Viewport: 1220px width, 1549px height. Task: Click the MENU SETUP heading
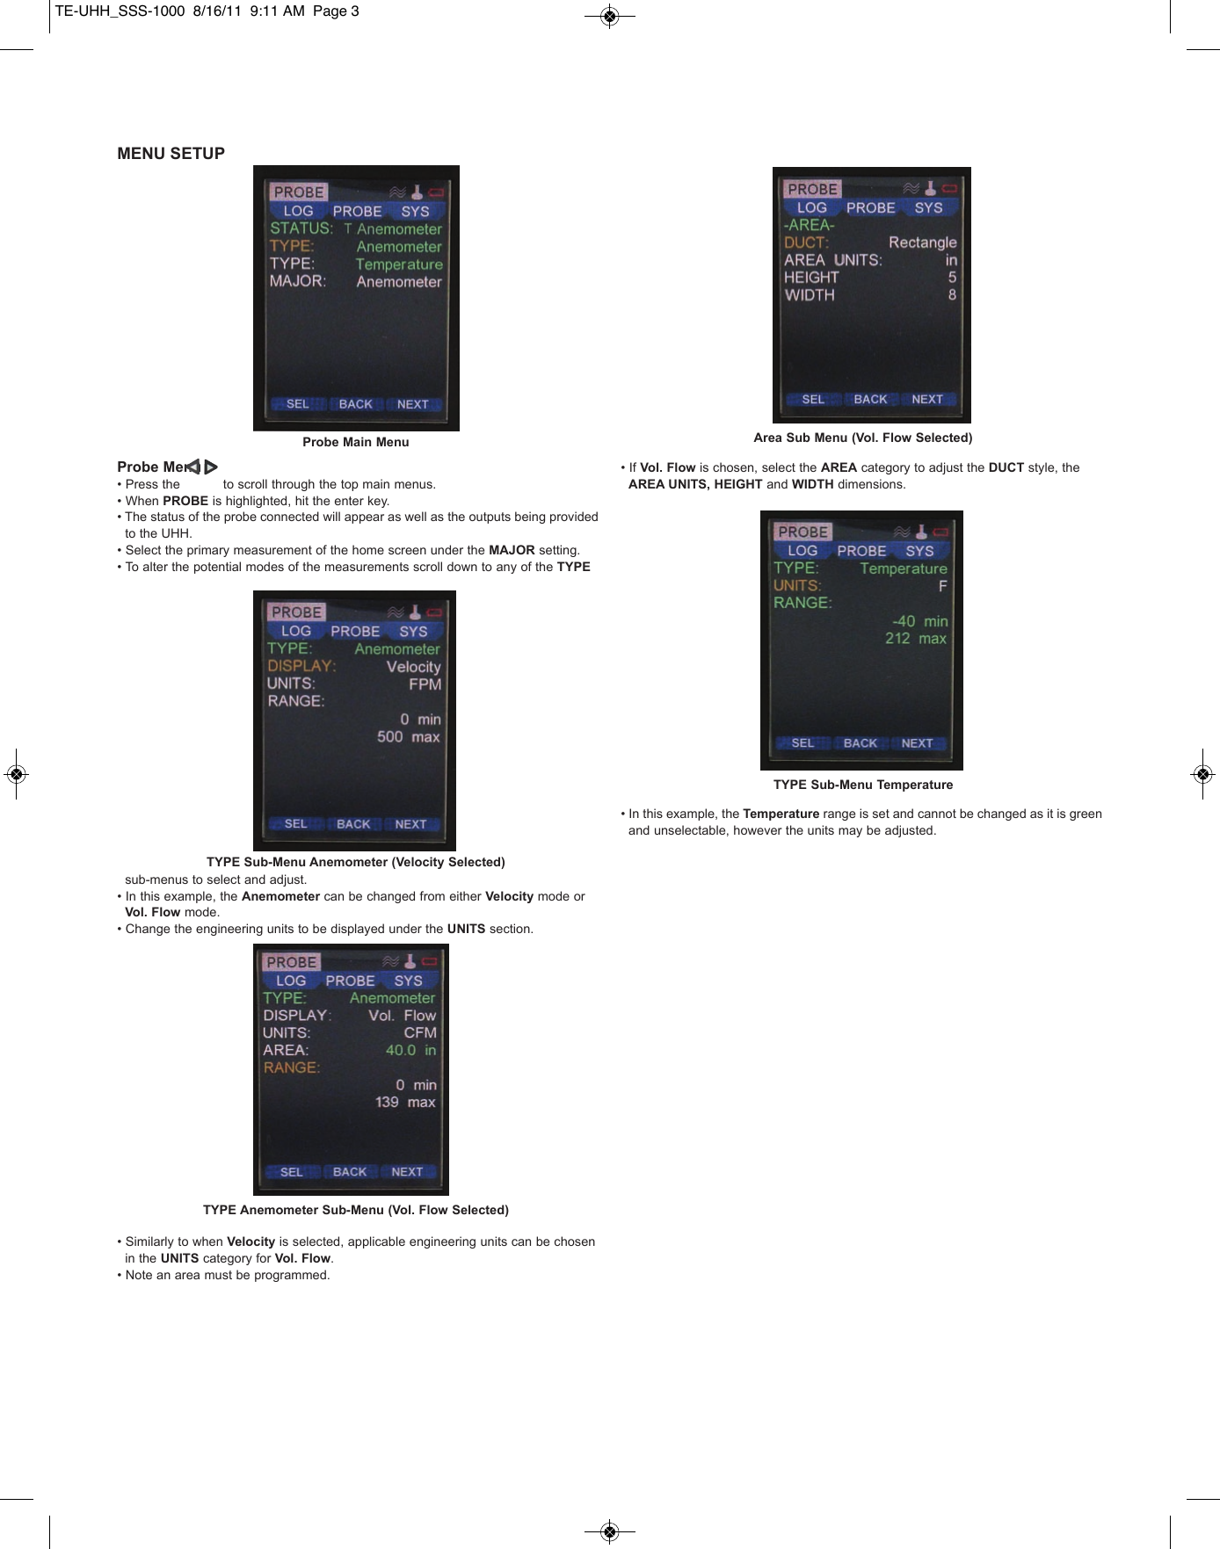click(x=171, y=154)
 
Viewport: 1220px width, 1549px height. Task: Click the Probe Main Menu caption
click(x=355, y=442)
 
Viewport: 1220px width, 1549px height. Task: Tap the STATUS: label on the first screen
click(x=301, y=228)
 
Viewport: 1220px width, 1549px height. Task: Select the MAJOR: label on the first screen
click(x=297, y=281)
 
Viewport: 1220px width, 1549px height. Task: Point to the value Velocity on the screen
click(x=413, y=667)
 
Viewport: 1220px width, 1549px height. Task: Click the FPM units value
click(x=425, y=684)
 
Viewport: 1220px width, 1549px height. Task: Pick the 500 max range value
click(x=408, y=737)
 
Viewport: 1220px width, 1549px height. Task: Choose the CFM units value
click(x=419, y=1033)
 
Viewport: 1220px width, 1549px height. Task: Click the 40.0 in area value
click(x=410, y=1050)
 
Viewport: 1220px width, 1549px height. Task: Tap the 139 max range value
click(x=404, y=1103)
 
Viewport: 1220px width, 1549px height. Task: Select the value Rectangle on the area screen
click(x=922, y=242)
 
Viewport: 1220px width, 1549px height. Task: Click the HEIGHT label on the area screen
click(x=811, y=278)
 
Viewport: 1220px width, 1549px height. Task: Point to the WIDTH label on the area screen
click(x=810, y=295)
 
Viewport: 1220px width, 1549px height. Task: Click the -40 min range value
click(x=919, y=621)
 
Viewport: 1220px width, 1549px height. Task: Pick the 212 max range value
click(x=915, y=639)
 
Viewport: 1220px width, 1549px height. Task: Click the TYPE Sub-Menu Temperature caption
click(x=862, y=785)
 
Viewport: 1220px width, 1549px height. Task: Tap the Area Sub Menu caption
click(x=862, y=438)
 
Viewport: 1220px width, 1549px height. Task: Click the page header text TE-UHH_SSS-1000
click(x=120, y=11)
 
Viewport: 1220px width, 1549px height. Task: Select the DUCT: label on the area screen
click(x=806, y=242)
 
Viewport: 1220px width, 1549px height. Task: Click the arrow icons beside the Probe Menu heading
click(x=203, y=467)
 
